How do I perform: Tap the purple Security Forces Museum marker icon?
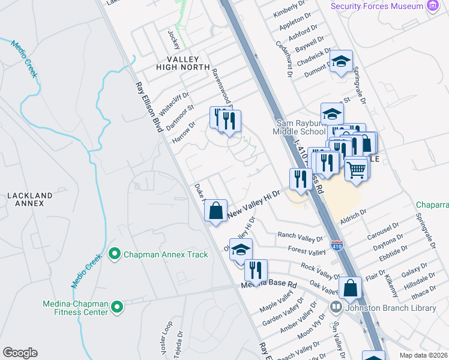coord(433,5)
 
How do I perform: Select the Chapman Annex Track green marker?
coord(115,254)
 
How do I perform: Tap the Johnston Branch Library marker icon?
coord(336,308)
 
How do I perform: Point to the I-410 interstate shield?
coord(337,245)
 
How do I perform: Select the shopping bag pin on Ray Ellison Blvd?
coord(215,211)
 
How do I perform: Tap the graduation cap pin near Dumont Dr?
coord(342,61)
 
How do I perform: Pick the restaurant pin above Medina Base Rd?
coord(256,271)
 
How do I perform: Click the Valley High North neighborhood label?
coord(180,62)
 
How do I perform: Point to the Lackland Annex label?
coord(26,199)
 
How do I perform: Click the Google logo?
coord(20,353)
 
